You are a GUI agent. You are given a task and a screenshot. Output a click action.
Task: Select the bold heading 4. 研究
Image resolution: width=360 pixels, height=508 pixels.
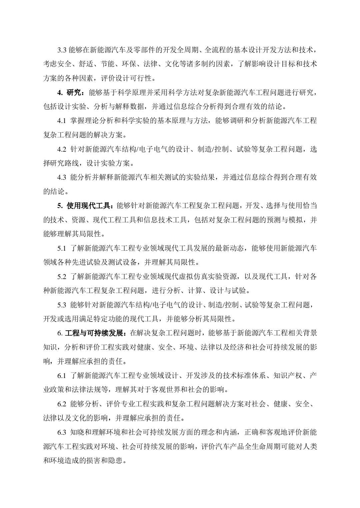click(72, 92)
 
